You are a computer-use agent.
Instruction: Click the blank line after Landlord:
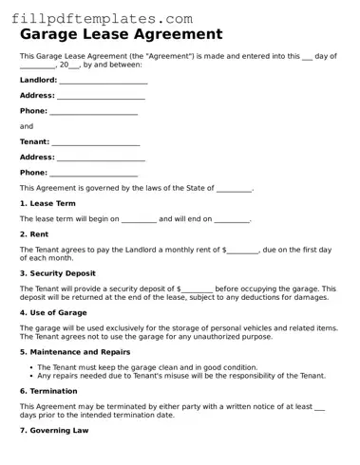104,81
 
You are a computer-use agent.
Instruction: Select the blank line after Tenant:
96,142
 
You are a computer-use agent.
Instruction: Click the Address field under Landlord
102,96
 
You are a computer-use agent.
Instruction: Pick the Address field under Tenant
102,158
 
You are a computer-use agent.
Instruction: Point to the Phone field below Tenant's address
93,173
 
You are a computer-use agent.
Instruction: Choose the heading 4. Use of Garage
53,312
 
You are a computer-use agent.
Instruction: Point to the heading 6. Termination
48,390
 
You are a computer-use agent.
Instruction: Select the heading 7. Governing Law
54,430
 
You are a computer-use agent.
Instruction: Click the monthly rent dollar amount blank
243,251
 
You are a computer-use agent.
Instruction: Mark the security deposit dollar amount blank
196,288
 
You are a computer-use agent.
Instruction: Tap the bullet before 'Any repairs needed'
31,375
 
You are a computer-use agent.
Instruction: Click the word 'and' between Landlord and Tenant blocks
27,126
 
